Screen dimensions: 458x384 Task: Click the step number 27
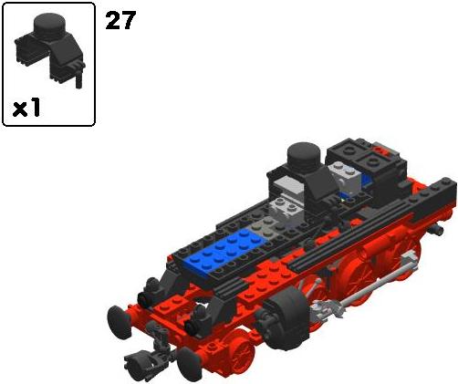120,21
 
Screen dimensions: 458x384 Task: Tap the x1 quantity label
26,108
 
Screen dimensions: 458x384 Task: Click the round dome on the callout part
49,25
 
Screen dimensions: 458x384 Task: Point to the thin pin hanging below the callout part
78,79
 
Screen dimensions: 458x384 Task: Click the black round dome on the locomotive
304,157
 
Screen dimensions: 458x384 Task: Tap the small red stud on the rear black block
380,150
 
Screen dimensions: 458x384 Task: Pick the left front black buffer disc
120,322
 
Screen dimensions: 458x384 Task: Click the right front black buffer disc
190,363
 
